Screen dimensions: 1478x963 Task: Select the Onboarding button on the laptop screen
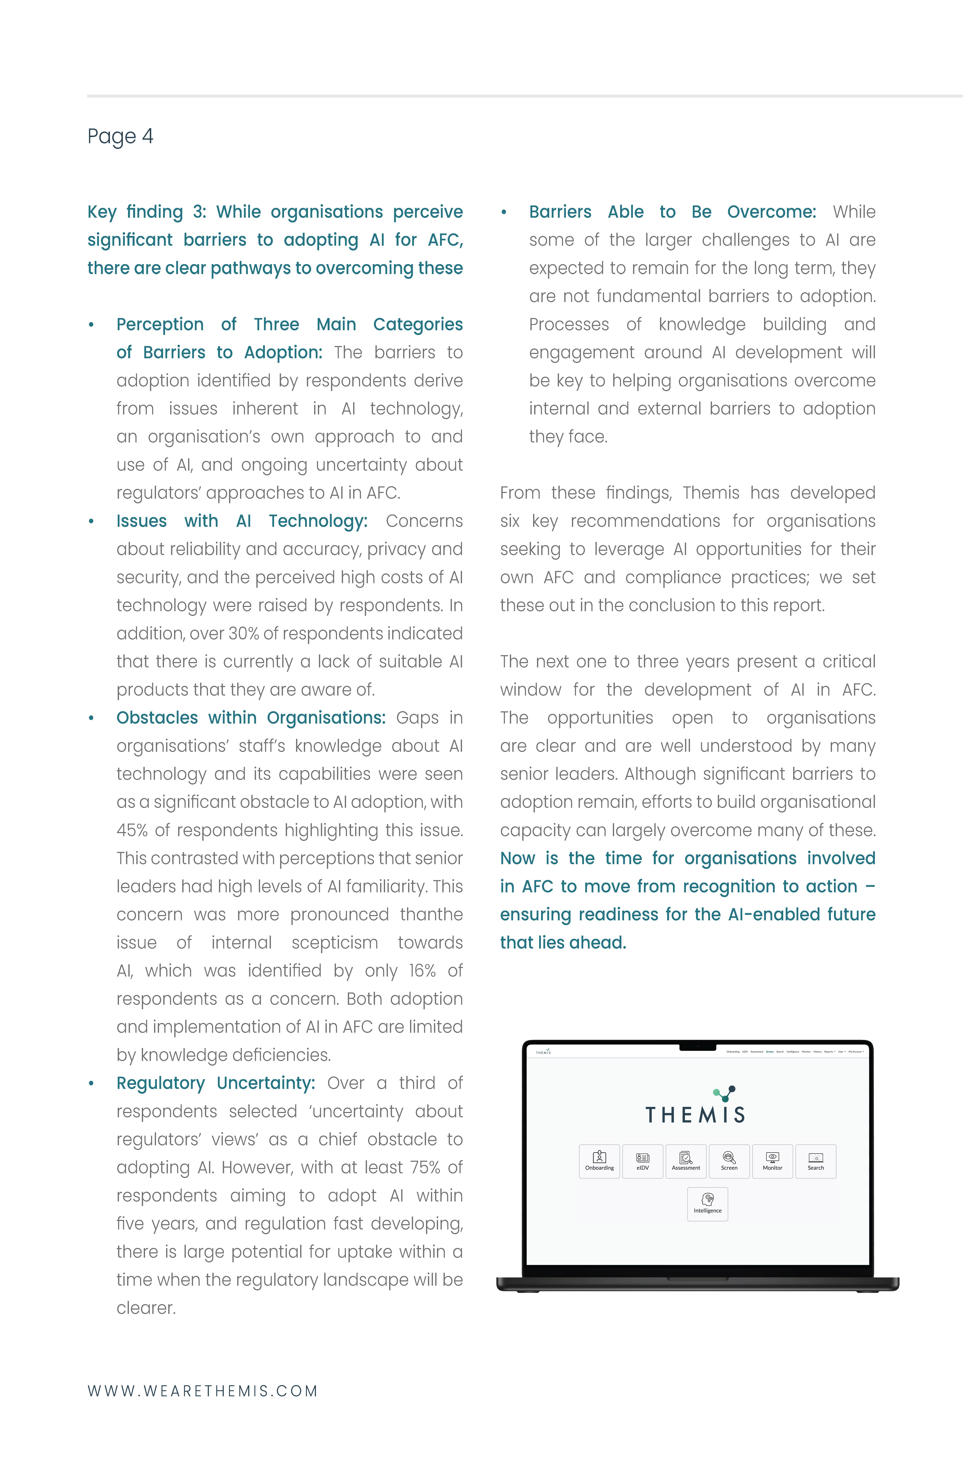click(599, 1161)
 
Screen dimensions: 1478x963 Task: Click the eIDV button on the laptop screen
click(643, 1161)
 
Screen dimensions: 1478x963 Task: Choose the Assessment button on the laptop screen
click(685, 1161)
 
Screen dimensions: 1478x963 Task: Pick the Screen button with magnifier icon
click(729, 1161)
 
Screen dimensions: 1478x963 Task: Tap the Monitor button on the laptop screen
click(772, 1161)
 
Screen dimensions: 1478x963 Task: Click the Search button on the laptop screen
click(815, 1161)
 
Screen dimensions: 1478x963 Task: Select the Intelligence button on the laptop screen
click(707, 1204)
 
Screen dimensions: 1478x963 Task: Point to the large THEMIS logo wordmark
click(695, 1115)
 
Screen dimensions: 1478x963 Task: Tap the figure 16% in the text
click(422, 971)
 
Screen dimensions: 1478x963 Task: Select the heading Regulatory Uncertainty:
click(215, 1083)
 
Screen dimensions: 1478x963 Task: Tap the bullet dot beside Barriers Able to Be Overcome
click(504, 212)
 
